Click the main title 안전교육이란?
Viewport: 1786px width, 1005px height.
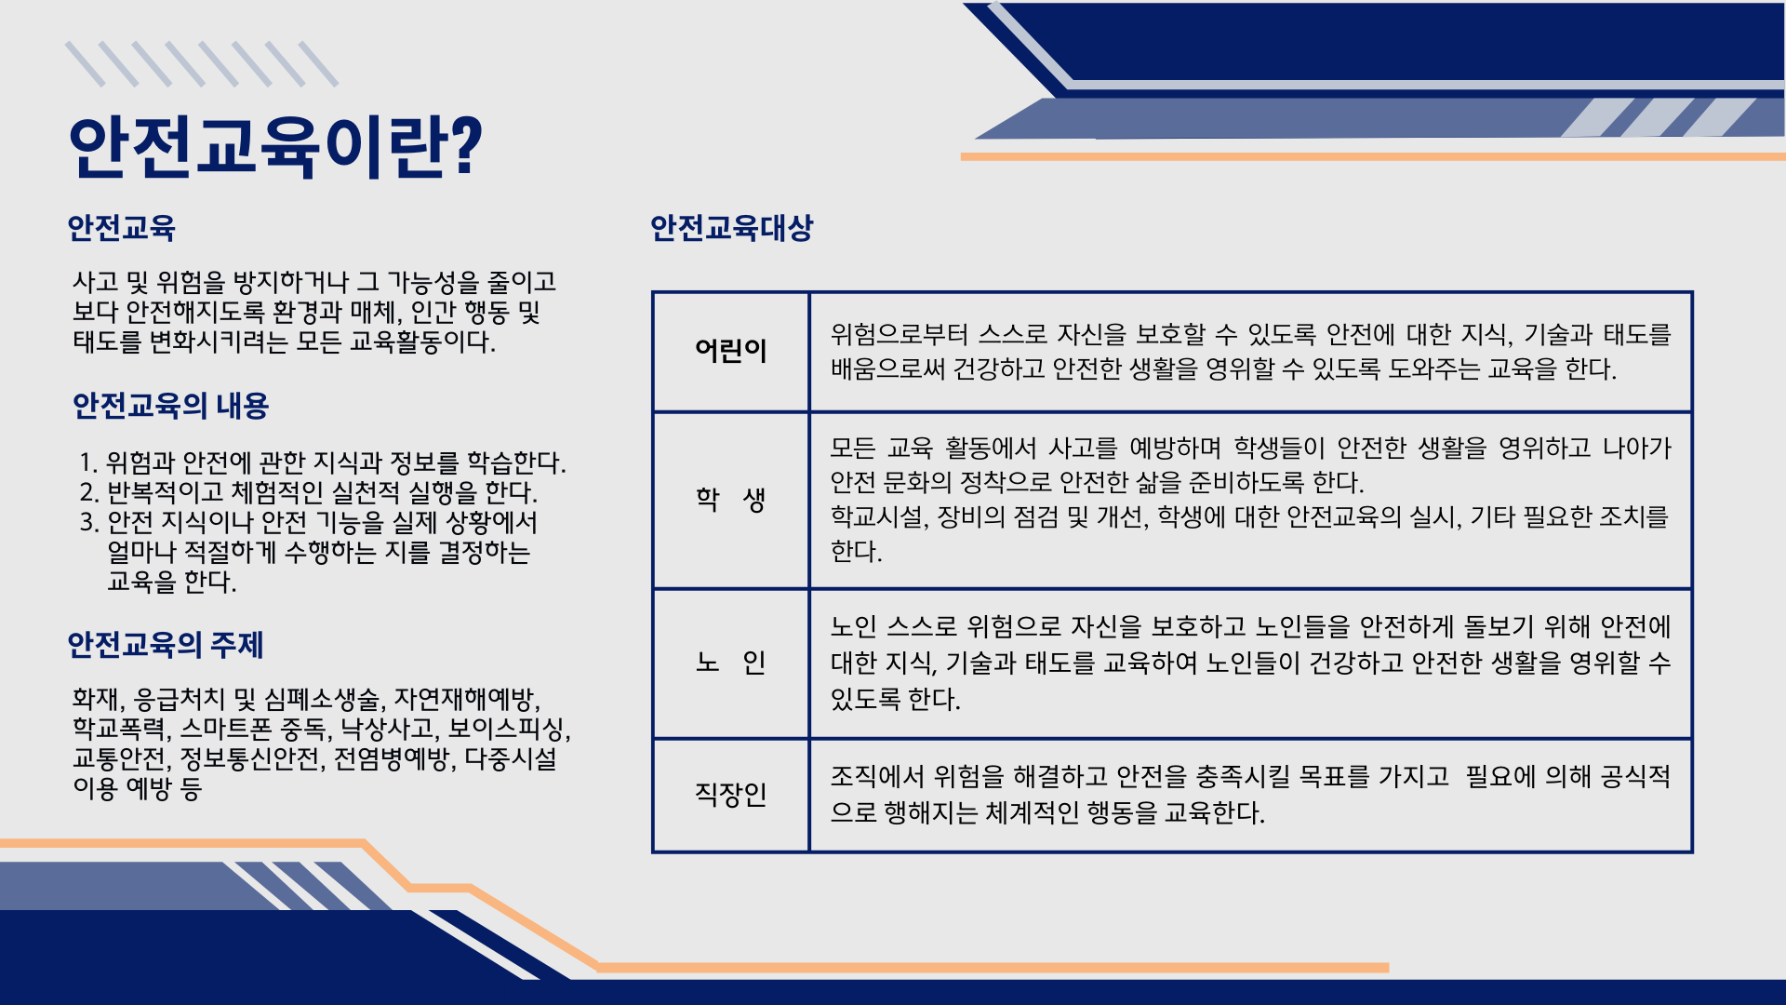point(275,146)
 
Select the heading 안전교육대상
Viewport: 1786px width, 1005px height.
point(731,228)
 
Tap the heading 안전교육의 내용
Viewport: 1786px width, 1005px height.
point(170,406)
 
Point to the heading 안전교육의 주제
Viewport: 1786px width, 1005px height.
point(166,645)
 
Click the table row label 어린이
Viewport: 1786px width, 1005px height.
point(731,351)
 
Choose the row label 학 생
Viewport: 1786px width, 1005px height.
point(731,499)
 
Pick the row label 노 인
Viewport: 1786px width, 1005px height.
point(731,662)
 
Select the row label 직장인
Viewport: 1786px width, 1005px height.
point(731,794)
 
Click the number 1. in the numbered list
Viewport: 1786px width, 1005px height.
point(88,462)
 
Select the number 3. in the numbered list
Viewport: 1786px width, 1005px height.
point(89,522)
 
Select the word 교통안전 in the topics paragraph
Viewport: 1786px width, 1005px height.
point(119,758)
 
